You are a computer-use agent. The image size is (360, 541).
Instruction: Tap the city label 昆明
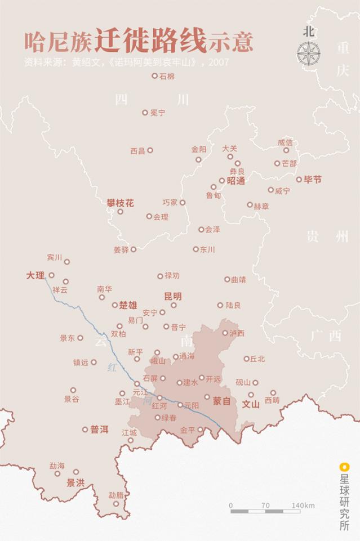pyautogui.click(x=173, y=296)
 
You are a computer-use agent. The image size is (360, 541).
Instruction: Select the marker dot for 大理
pyautogui.click(x=51, y=275)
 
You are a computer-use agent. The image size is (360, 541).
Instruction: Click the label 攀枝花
pyautogui.click(x=120, y=203)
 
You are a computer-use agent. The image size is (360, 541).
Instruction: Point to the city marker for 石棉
pyautogui.click(x=154, y=75)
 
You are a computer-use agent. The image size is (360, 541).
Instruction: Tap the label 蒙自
pyautogui.click(x=222, y=401)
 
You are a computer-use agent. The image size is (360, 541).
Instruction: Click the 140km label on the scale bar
pyautogui.click(x=303, y=506)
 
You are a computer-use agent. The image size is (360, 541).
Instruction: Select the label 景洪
pyautogui.click(x=75, y=482)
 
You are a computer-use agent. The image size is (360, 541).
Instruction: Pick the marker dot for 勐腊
pyautogui.click(x=116, y=503)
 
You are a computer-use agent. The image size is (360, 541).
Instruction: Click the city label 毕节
pyautogui.click(x=313, y=180)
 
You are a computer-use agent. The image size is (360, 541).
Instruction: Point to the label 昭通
pyautogui.click(x=236, y=181)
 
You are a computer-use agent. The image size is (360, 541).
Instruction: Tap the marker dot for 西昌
pyautogui.click(x=150, y=150)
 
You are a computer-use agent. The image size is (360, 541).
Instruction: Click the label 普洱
pyautogui.click(x=99, y=429)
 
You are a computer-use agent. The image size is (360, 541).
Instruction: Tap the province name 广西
pyautogui.click(x=326, y=336)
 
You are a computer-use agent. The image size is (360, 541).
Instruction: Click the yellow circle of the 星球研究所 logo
pyautogui.click(x=343, y=466)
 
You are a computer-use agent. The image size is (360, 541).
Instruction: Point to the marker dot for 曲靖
pyautogui.click(x=227, y=279)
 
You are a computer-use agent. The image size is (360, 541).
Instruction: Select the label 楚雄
pyautogui.click(x=128, y=305)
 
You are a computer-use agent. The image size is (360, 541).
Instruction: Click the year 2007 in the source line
pyautogui.click(x=219, y=62)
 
